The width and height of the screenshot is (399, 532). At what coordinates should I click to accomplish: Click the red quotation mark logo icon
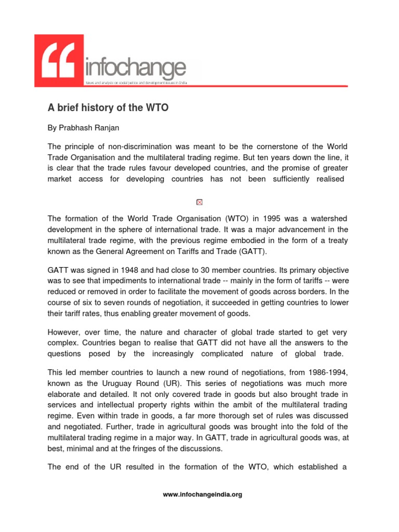[59, 60]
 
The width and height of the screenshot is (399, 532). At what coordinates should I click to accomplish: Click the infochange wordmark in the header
[134, 68]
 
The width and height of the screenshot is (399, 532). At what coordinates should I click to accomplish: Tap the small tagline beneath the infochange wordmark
[136, 83]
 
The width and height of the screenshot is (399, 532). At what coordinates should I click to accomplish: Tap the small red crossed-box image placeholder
[199, 202]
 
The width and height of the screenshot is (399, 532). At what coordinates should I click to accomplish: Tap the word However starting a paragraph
[64, 332]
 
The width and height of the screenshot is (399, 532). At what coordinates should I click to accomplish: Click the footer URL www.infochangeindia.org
[203, 495]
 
